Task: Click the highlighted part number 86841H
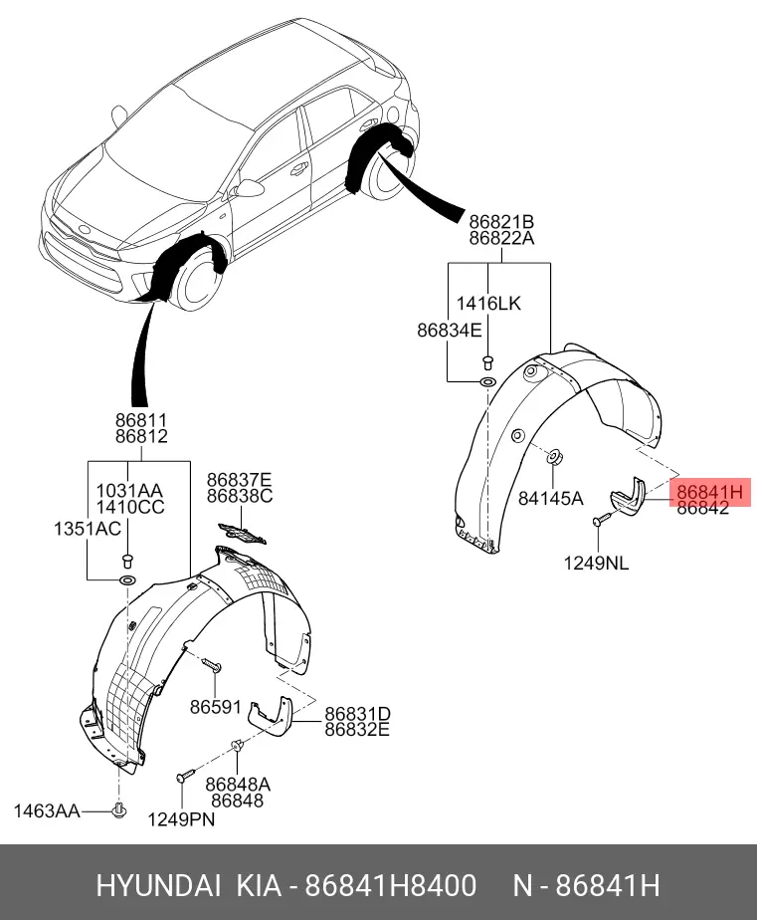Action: click(x=709, y=491)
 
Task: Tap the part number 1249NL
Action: click(x=597, y=563)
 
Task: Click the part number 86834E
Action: click(x=449, y=330)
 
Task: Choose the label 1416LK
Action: click(x=487, y=303)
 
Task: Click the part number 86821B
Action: click(x=501, y=221)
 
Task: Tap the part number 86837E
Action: click(x=239, y=480)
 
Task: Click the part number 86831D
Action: click(x=357, y=714)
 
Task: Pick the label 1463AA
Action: click(x=47, y=811)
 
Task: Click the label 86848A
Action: click(x=238, y=785)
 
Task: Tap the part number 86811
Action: click(x=140, y=421)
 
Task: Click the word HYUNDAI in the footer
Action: click(x=159, y=885)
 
